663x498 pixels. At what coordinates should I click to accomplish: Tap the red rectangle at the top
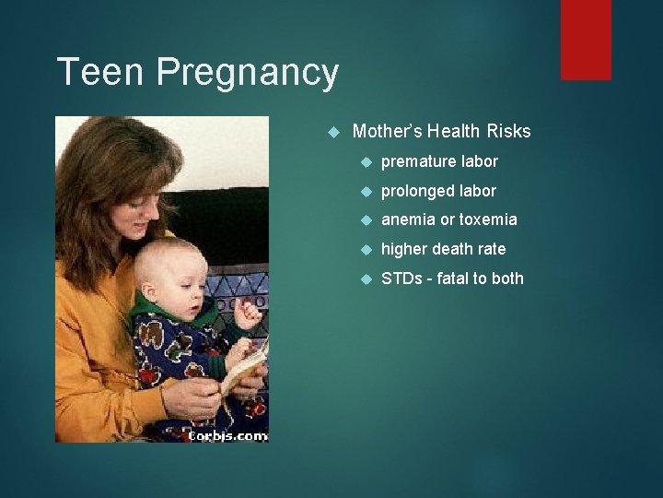586,39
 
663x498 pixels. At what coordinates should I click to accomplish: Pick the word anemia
406,220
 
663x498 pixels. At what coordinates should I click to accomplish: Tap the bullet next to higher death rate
366,249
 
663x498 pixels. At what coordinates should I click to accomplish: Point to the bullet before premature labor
366,162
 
